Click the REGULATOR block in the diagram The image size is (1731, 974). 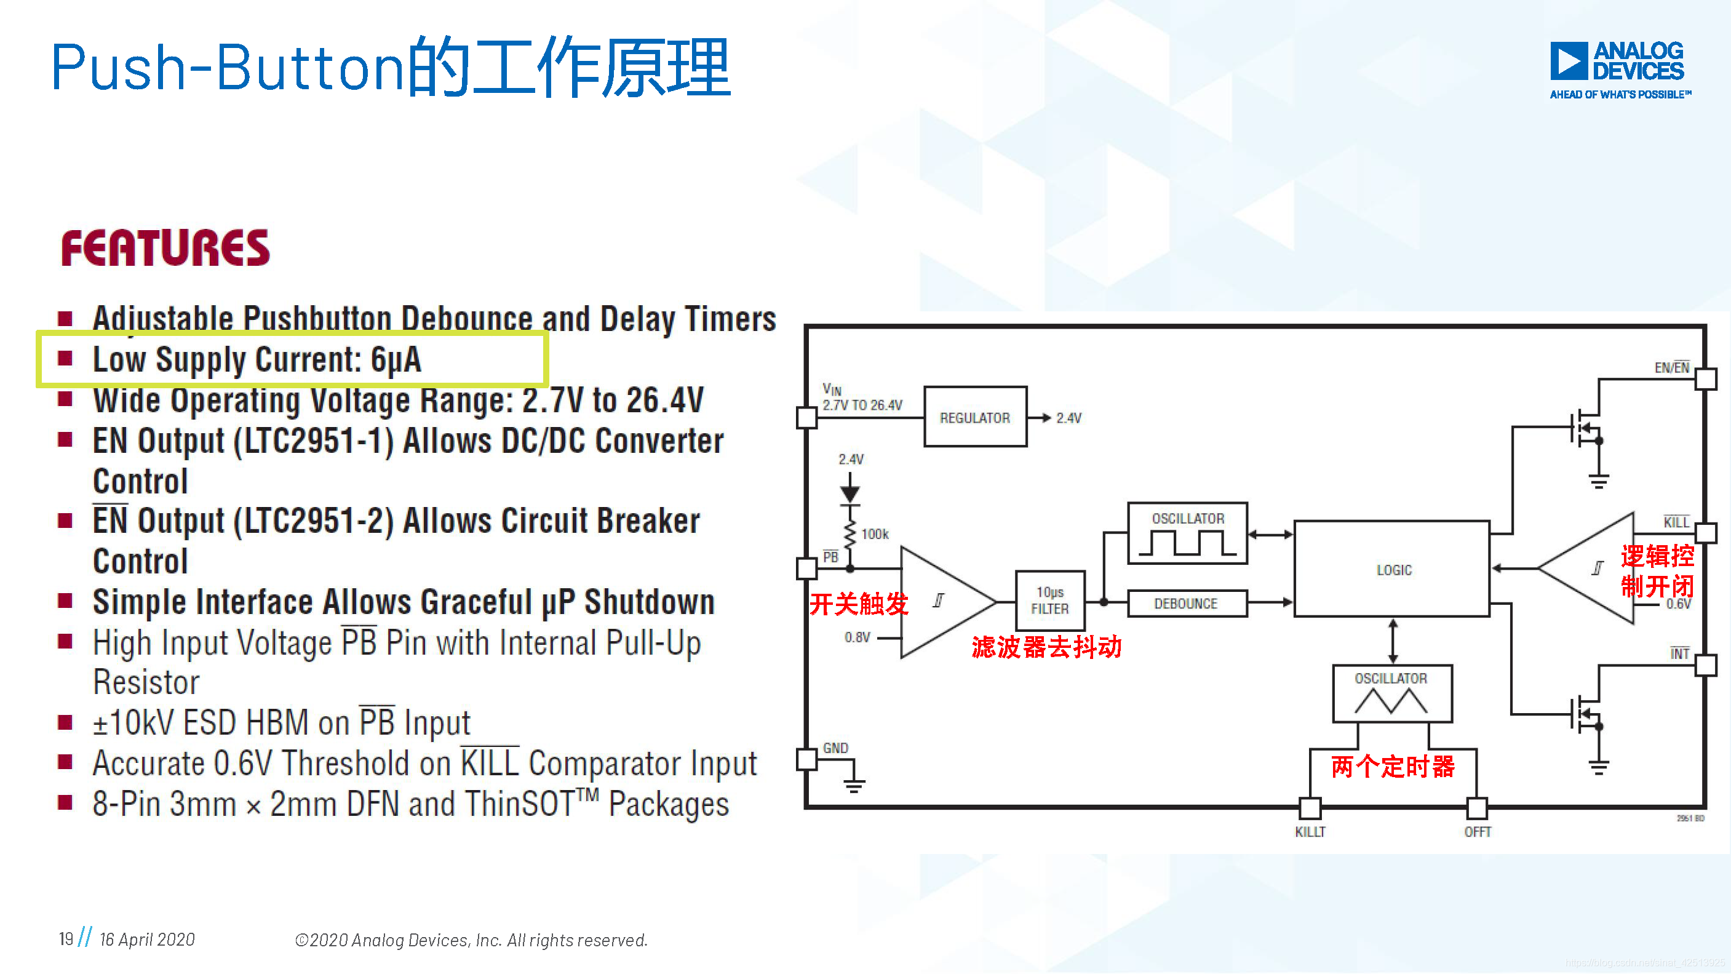(975, 417)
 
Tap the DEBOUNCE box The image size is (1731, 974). (1186, 604)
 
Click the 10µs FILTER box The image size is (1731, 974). (1049, 601)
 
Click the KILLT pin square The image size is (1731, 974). (1310, 807)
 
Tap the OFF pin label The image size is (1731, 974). (1478, 832)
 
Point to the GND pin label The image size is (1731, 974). (835, 748)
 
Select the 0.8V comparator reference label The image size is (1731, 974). (858, 637)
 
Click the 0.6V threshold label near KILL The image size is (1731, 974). (1678, 604)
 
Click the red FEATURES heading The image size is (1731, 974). (165, 248)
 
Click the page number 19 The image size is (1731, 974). (66, 939)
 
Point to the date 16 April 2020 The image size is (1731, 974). (147, 940)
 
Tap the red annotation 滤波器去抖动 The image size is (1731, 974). (1046, 647)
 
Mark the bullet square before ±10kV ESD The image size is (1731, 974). (65, 722)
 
